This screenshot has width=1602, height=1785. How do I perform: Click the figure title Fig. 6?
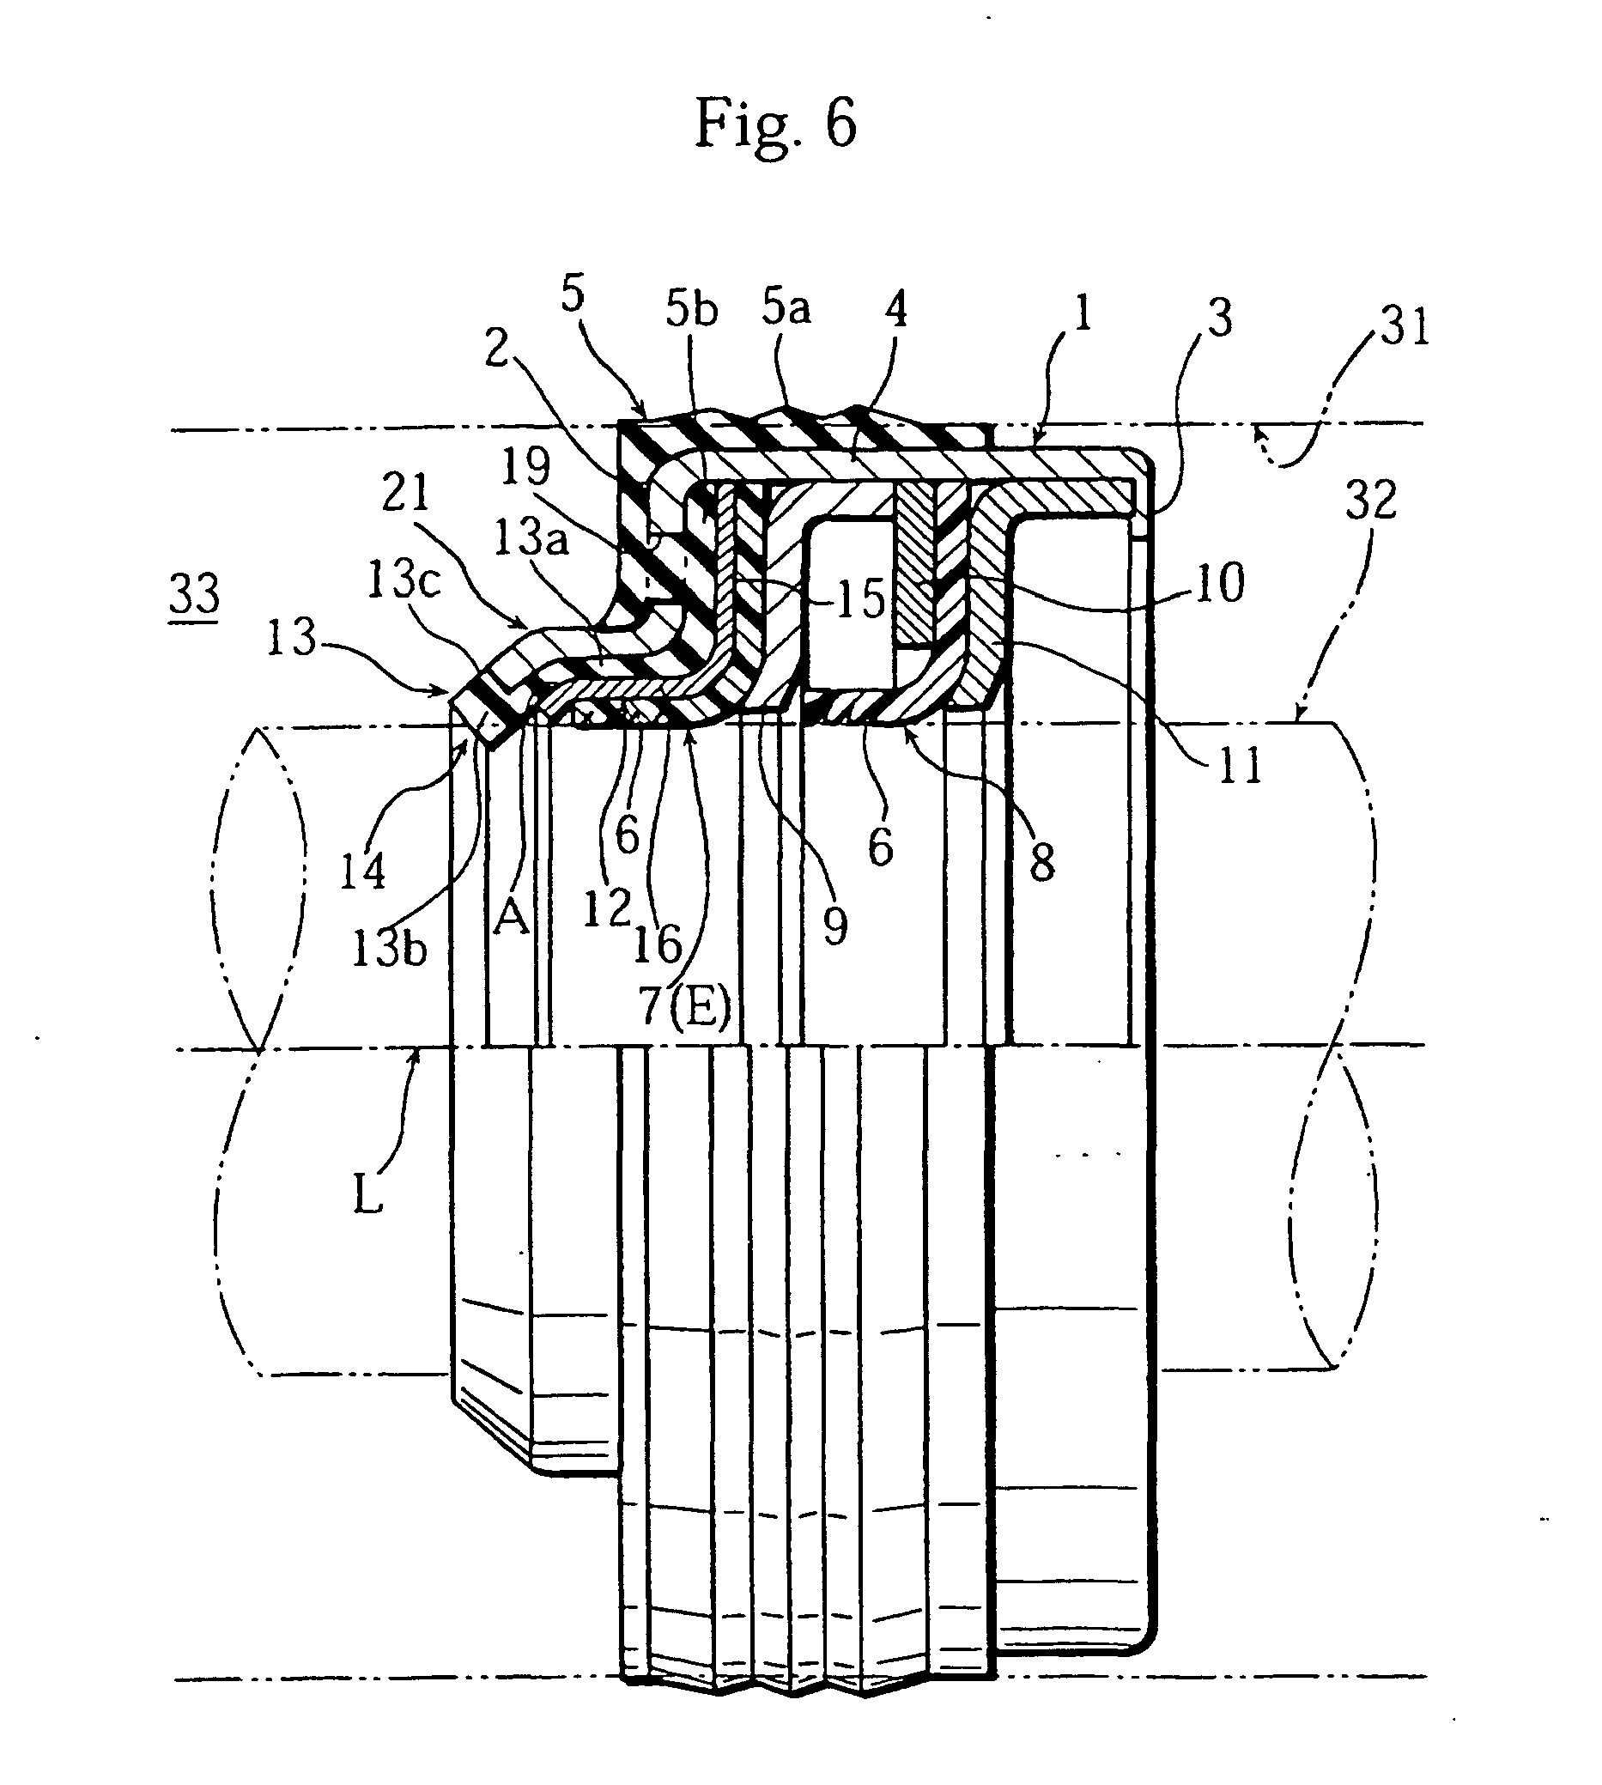[774, 124]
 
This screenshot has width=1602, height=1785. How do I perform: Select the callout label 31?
[1403, 327]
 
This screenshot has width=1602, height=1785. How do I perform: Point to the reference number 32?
[1371, 500]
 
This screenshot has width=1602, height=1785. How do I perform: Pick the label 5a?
[786, 307]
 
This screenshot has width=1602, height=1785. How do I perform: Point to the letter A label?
[512, 919]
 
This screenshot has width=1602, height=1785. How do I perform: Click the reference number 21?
[406, 493]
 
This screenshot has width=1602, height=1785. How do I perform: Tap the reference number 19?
[525, 466]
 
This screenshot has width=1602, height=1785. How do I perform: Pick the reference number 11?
[1241, 765]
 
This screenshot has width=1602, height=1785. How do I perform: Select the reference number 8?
[1042, 864]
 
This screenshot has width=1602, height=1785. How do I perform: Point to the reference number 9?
[834, 925]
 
